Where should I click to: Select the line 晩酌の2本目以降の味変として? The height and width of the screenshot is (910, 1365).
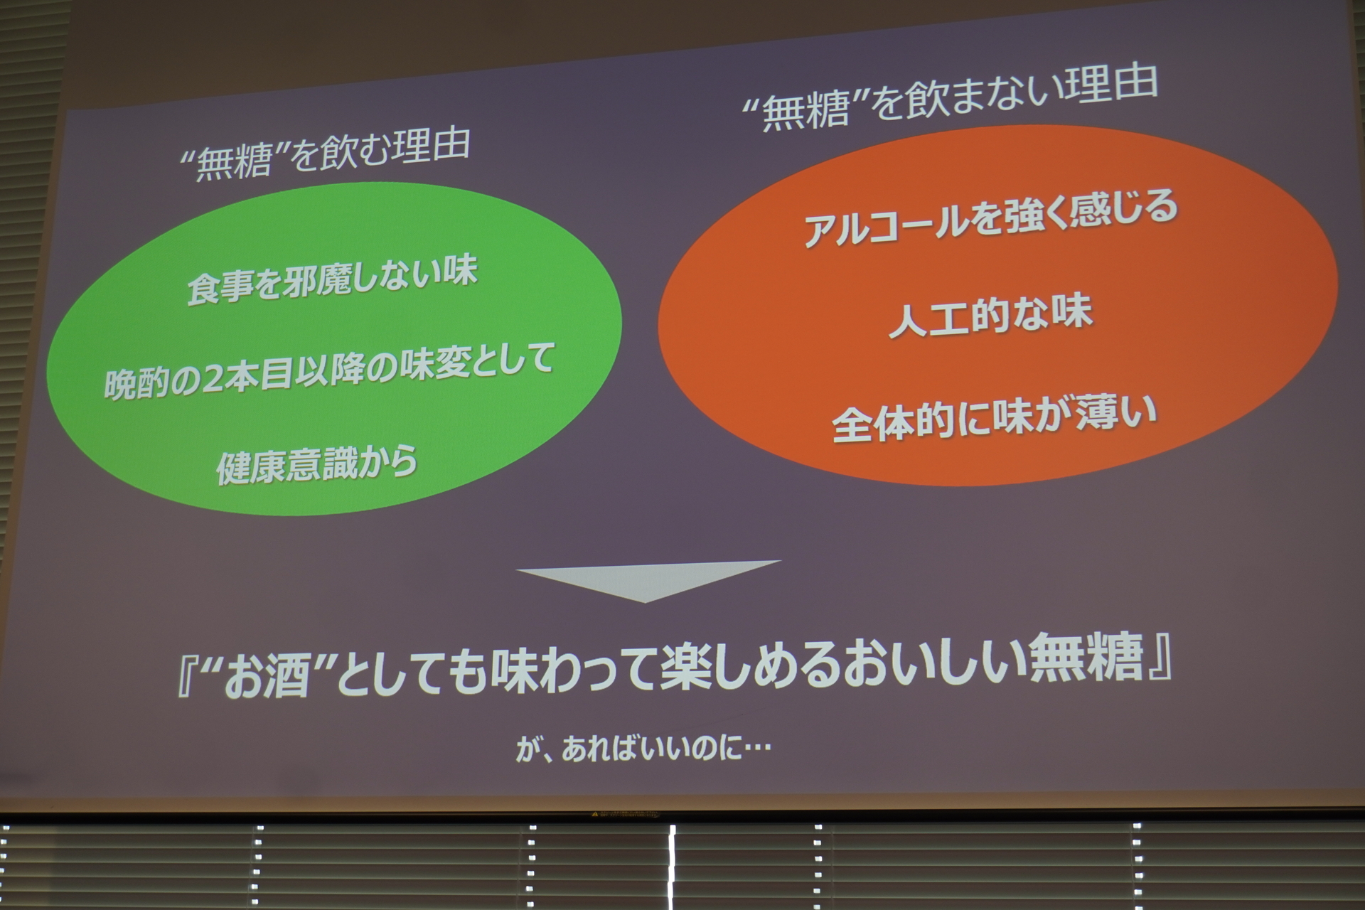329,373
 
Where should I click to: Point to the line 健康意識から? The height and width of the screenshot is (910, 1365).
317,466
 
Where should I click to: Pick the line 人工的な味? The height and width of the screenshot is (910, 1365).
990,317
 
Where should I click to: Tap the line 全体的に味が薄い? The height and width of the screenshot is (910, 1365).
994,420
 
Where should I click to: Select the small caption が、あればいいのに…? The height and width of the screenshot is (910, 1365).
643,749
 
